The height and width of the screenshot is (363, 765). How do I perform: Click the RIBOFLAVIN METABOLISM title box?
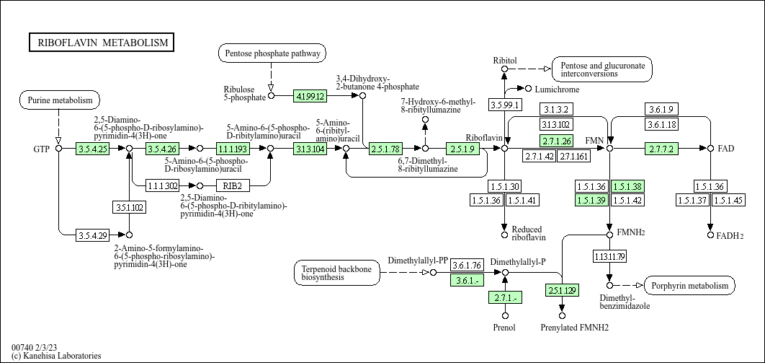[102, 43]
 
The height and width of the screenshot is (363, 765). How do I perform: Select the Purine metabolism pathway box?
[60, 100]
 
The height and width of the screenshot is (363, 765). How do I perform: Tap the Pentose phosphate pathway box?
[272, 53]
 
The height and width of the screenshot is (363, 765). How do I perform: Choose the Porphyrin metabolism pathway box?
[689, 286]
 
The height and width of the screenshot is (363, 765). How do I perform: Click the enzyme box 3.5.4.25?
[92, 149]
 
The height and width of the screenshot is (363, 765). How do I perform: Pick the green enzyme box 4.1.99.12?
[310, 95]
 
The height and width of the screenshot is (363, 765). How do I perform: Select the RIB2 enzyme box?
[232, 185]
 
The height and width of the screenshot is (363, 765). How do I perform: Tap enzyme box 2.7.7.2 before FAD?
[661, 149]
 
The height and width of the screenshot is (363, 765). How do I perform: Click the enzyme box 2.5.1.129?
[561, 290]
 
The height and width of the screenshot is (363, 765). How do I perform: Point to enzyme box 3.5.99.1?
[504, 105]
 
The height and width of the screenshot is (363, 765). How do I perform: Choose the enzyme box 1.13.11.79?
[609, 256]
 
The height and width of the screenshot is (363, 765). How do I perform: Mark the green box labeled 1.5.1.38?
[627, 186]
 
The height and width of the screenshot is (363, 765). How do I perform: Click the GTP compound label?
[41, 149]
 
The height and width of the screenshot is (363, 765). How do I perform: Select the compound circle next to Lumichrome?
[529, 89]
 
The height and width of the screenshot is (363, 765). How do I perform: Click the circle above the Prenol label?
[505, 315]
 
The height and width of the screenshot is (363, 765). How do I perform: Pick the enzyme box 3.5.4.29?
[92, 235]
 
